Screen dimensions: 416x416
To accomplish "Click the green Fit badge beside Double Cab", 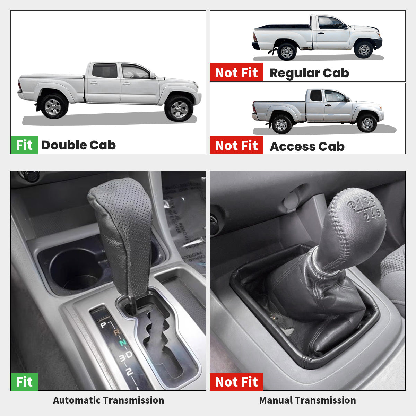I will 24,145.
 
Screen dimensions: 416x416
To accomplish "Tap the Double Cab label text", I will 78,145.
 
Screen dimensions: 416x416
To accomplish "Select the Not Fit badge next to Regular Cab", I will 236,73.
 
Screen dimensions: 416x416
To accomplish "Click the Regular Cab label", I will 309,73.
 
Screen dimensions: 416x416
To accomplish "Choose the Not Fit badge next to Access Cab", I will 236,146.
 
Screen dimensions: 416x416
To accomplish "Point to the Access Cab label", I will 307,146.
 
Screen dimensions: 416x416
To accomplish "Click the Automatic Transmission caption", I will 109,400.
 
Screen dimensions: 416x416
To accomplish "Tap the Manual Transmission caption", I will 307,400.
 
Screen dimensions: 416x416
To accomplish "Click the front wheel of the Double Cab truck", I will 179,109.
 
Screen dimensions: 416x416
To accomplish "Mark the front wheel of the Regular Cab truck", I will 364,50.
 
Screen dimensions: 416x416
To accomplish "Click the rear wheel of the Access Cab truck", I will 281,124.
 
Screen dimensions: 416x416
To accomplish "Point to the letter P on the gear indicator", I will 103,325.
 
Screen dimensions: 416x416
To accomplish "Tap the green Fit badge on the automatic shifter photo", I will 24,382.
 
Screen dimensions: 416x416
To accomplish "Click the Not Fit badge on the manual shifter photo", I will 236,382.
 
